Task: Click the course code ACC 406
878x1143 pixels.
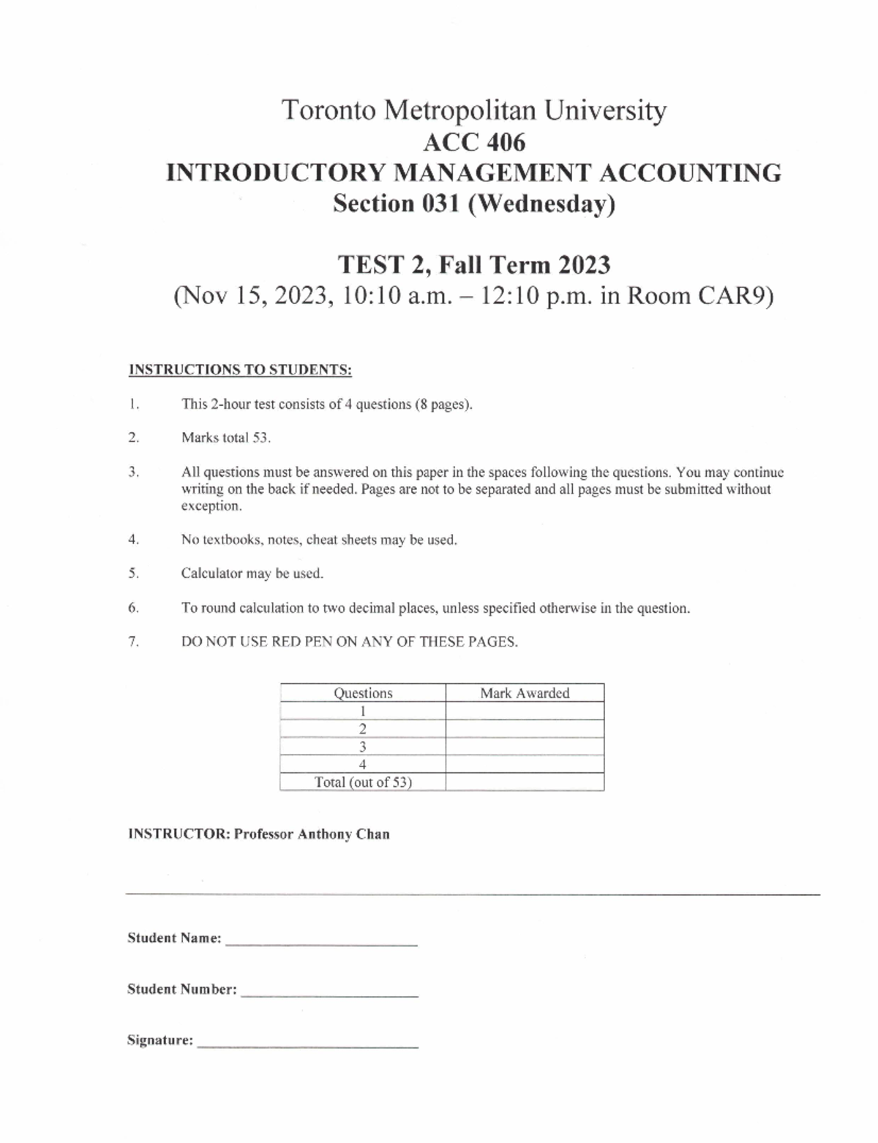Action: [x=473, y=142]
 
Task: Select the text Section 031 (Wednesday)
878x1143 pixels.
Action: [x=473, y=203]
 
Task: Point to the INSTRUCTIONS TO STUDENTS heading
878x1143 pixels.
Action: [x=240, y=370]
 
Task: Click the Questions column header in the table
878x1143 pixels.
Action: [x=363, y=693]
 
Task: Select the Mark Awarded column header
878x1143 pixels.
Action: [x=525, y=693]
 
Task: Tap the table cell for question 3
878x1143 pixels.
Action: [x=363, y=747]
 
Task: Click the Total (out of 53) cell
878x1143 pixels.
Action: [x=363, y=782]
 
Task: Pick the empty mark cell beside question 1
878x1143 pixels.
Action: [x=525, y=711]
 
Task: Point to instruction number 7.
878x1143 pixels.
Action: [x=133, y=642]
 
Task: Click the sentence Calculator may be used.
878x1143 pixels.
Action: [x=252, y=574]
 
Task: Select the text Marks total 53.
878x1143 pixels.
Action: [x=226, y=438]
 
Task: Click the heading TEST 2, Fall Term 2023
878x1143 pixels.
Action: [x=473, y=264]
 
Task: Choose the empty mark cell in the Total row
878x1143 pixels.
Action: [x=525, y=782]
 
